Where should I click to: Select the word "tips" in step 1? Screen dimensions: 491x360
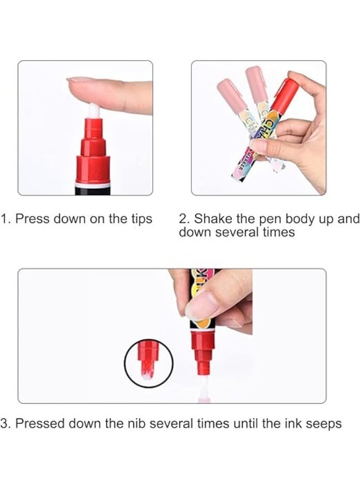(x=140, y=219)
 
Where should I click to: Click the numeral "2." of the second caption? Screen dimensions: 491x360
(x=184, y=219)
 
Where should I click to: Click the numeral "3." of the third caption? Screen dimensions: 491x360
(x=5, y=424)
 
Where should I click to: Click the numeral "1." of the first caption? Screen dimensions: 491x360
(x=5, y=219)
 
